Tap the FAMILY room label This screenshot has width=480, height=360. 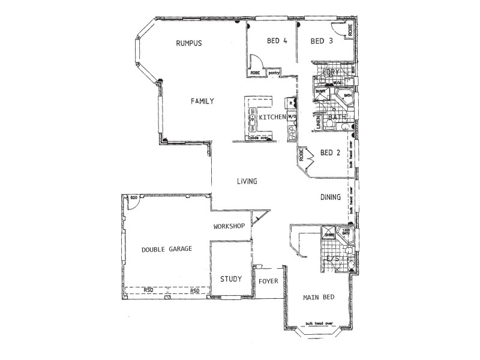point(202,101)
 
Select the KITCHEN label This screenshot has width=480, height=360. point(272,117)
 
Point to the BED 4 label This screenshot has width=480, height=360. point(277,41)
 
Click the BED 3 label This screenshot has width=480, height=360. point(322,41)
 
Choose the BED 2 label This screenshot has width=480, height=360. point(330,152)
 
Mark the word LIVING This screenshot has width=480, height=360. point(247,181)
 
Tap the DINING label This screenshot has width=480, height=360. point(330,197)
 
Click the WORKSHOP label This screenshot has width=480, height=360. point(229,226)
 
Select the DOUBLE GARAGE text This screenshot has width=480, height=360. point(167,249)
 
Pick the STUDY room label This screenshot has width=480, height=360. point(230,279)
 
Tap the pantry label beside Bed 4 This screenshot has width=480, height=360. point(274,73)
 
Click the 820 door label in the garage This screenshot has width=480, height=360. point(134,197)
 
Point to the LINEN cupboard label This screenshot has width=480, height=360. point(317,122)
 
